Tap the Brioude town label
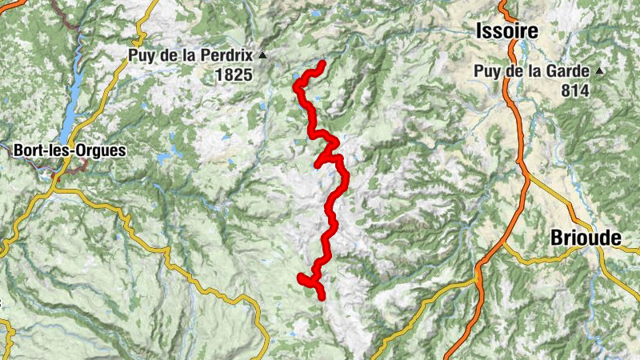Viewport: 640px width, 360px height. (x=586, y=238)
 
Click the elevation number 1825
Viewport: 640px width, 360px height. (x=233, y=76)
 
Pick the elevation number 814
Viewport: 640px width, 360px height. (x=574, y=91)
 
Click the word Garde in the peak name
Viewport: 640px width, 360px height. (x=570, y=71)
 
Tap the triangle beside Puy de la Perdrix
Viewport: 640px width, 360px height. (x=262, y=56)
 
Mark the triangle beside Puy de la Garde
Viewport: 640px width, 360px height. (x=599, y=71)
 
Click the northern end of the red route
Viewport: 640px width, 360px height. (x=322, y=63)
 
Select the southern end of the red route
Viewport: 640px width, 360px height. (x=322, y=297)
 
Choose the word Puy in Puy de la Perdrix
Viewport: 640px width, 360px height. (x=141, y=56)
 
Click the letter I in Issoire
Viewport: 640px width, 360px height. (x=478, y=31)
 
